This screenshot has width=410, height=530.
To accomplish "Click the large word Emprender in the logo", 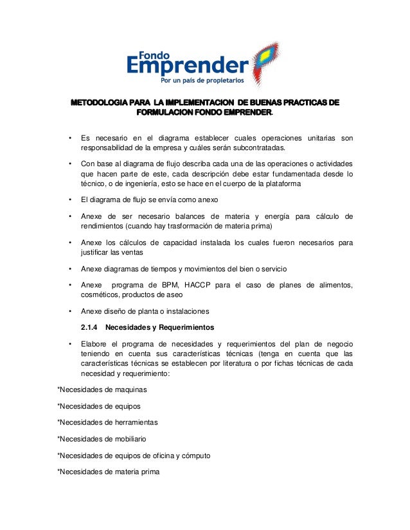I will [x=186, y=67].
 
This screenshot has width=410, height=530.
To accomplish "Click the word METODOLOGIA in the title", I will [x=98, y=103].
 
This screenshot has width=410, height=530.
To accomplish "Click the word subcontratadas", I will [x=266, y=148].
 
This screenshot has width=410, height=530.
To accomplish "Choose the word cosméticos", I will [x=100, y=295].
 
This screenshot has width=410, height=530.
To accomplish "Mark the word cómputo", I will [x=197, y=456].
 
